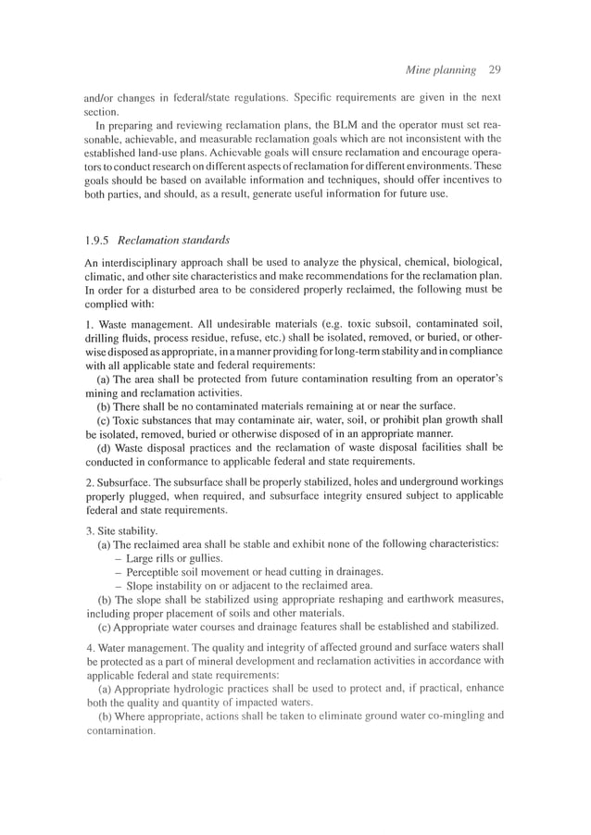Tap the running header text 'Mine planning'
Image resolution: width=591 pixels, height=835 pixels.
[434, 69]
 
